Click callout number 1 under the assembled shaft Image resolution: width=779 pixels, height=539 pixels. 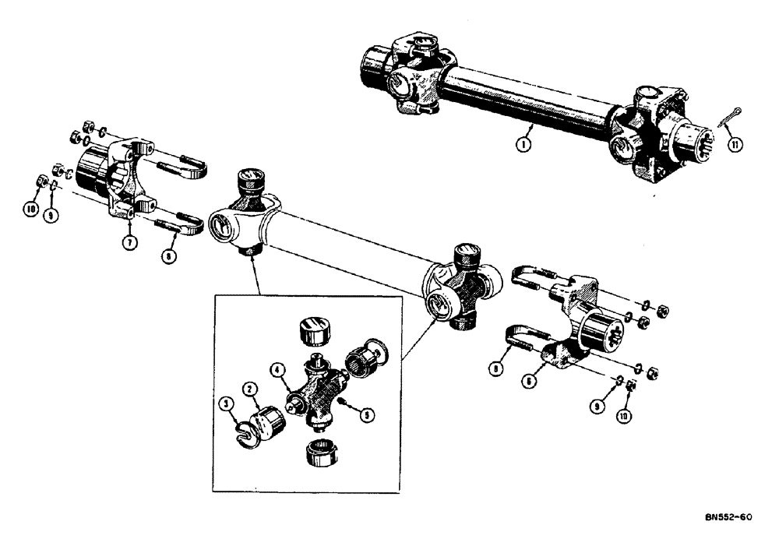pyautogui.click(x=527, y=144)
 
